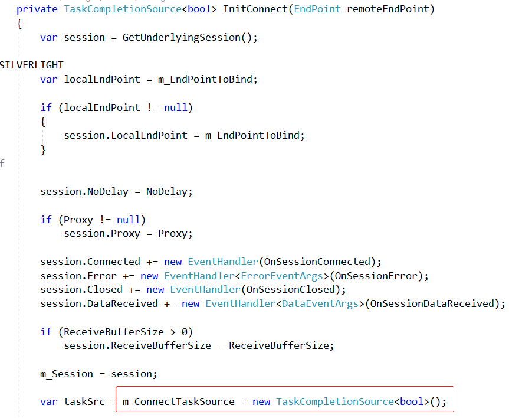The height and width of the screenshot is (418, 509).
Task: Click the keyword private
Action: pyautogui.click(x=37, y=9)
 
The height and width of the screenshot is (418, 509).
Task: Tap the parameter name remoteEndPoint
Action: pyautogui.click(x=390, y=9)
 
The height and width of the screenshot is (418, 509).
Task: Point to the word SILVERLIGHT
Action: pyautogui.click(x=31, y=65)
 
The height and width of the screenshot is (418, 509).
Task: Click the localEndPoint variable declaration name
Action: pyautogui.click(x=102, y=79)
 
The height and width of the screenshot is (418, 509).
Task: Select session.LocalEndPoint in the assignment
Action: pyautogui.click(x=126, y=135)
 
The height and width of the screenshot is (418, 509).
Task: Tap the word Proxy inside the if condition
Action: pyautogui.click(x=78, y=220)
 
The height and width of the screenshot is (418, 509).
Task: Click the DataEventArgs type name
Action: pyautogui.click(x=320, y=303)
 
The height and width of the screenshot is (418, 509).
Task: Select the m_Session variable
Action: pyautogui.click(x=67, y=374)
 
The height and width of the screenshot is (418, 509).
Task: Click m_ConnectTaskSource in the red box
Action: pyautogui.click(x=179, y=402)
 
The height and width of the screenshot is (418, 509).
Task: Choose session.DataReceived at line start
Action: pyautogui.click(x=99, y=303)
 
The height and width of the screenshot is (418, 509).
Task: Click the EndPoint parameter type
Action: pyautogui.click(x=317, y=9)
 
